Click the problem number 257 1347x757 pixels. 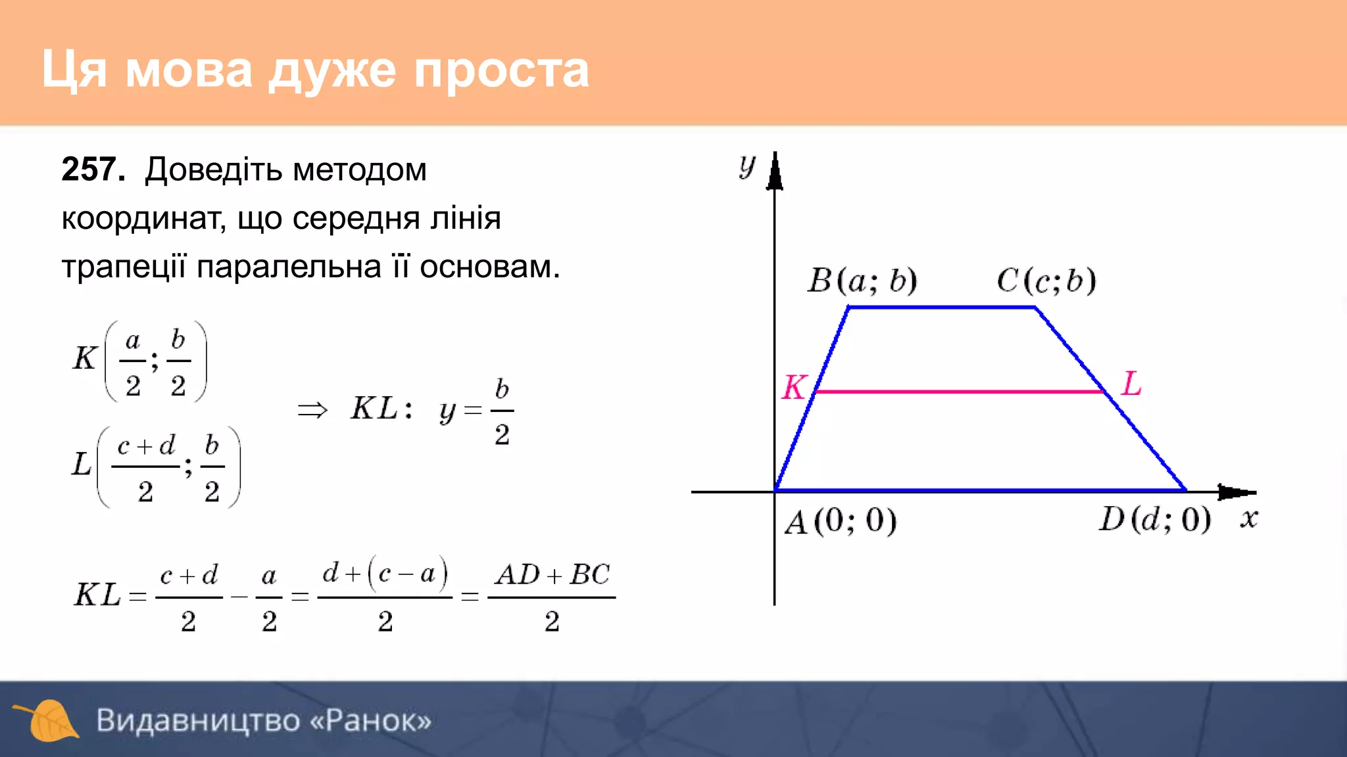[92, 170]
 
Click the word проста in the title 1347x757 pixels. [501, 70]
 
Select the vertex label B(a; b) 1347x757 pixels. [862, 281]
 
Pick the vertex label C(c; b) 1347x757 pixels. [1046, 281]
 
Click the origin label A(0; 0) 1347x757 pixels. [841, 522]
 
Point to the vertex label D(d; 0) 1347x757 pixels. [1155, 520]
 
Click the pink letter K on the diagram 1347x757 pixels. [794, 388]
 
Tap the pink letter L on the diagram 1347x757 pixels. [1131, 384]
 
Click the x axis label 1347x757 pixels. [1249, 518]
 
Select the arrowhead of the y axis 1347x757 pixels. [775, 172]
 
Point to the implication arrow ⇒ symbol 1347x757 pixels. [312, 411]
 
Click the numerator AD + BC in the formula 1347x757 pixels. [552, 575]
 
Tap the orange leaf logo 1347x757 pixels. [48, 720]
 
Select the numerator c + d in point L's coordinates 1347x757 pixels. [146, 446]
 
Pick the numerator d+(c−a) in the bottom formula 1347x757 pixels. [385, 574]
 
